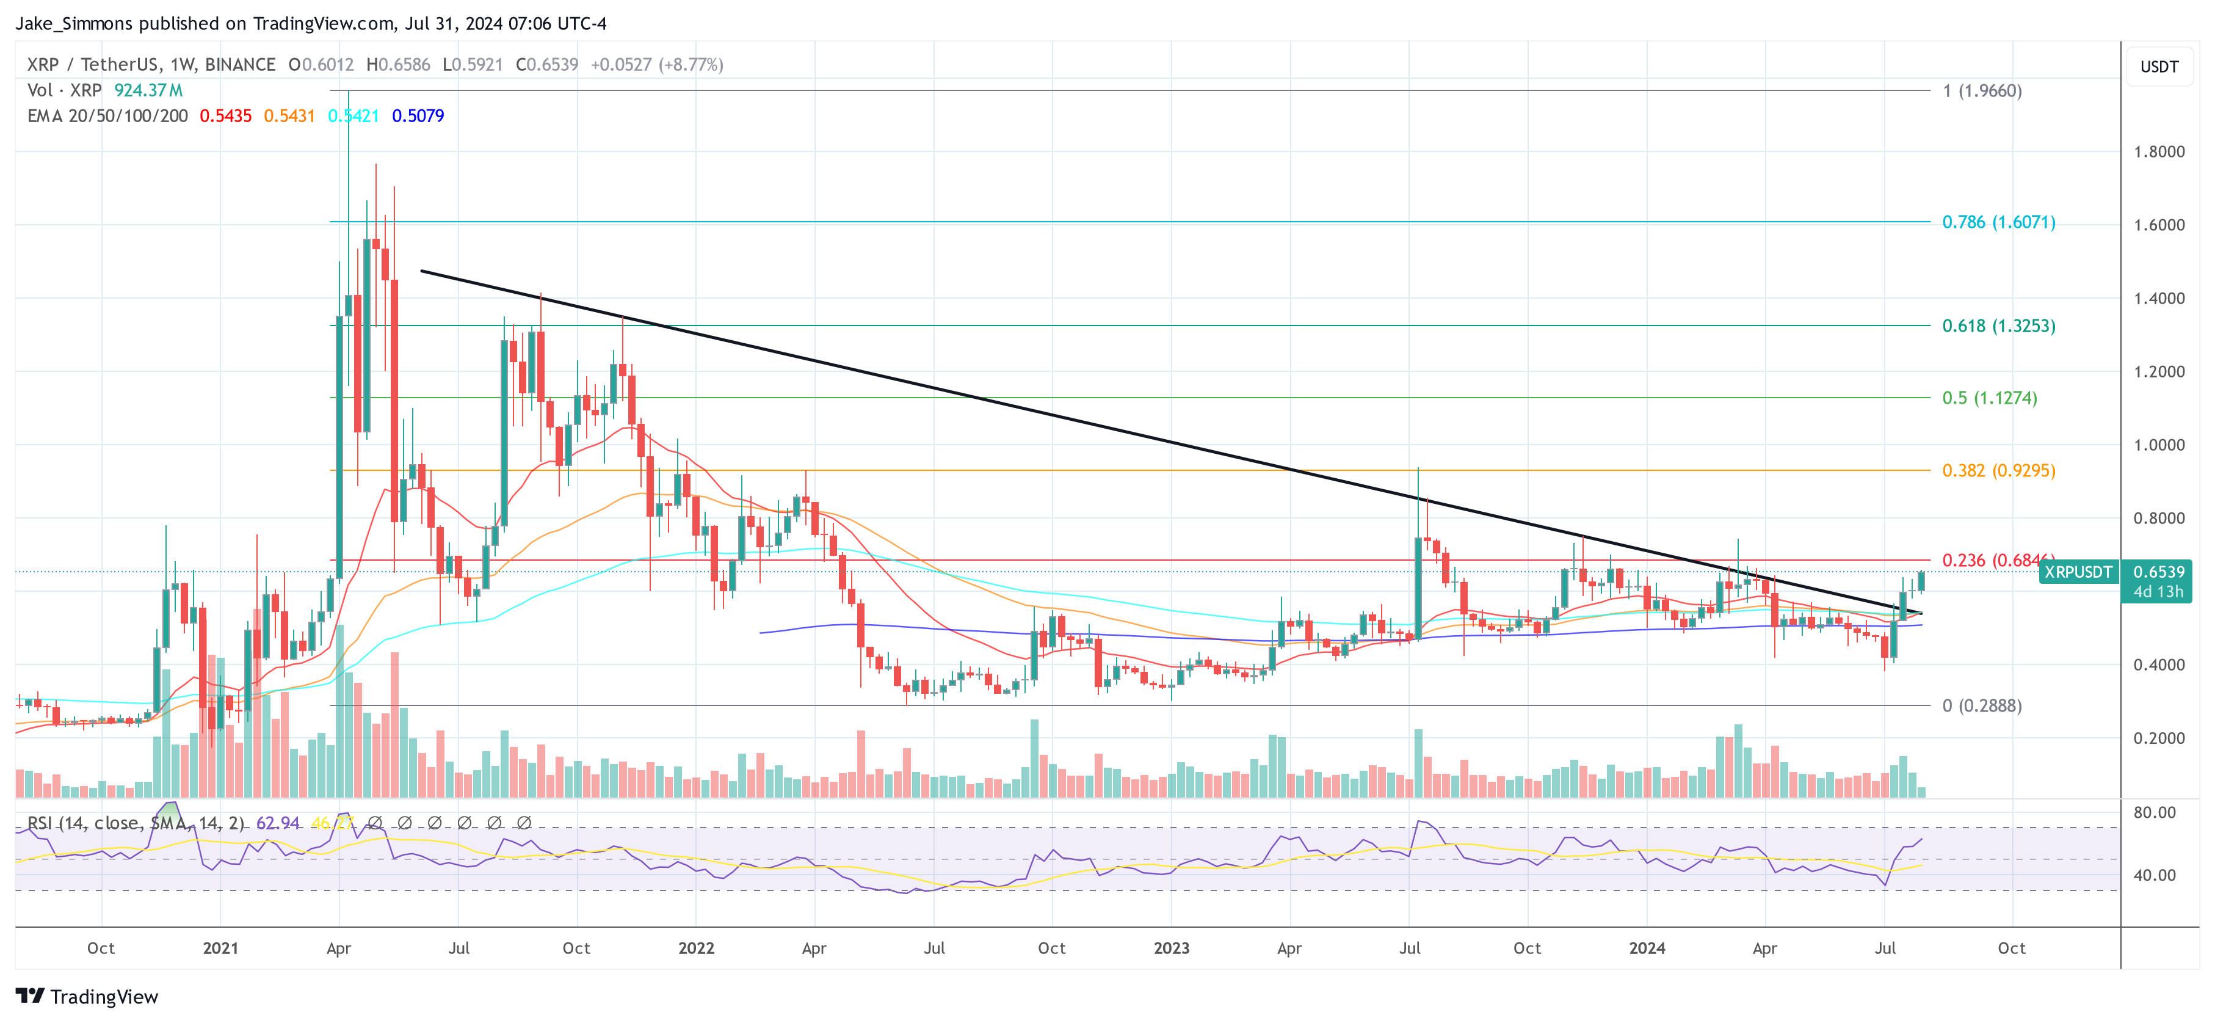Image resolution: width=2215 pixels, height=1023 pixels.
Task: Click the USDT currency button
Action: pos(2158,66)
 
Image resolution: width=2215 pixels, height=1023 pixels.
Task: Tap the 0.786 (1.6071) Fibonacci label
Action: pos(1998,222)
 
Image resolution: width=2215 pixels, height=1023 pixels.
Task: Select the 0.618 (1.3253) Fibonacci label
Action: pos(1998,326)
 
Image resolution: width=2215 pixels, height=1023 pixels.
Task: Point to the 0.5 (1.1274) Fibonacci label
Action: pos(1989,398)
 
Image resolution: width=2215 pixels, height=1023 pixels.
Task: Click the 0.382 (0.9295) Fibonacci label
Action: pos(1998,471)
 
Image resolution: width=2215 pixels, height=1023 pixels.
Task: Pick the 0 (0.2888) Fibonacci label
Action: pos(1981,705)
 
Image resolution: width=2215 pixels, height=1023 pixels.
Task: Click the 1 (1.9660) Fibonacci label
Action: pos(1981,91)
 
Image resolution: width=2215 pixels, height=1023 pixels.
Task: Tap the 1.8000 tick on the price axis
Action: pos(2158,151)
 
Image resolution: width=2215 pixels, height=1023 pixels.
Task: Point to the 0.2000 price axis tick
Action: pos(2158,738)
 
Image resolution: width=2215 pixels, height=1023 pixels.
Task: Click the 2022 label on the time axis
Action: pos(695,948)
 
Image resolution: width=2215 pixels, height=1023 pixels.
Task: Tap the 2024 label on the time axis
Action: pos(1647,948)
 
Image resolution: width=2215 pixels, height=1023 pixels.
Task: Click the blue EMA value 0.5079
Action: pos(418,116)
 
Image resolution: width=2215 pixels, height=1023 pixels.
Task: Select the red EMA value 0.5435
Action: pos(225,116)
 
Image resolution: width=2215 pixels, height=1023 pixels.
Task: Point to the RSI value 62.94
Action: pos(278,823)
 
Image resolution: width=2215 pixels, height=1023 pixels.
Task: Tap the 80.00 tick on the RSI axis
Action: pos(2154,812)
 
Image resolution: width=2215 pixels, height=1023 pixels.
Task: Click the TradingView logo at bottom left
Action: pos(87,996)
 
